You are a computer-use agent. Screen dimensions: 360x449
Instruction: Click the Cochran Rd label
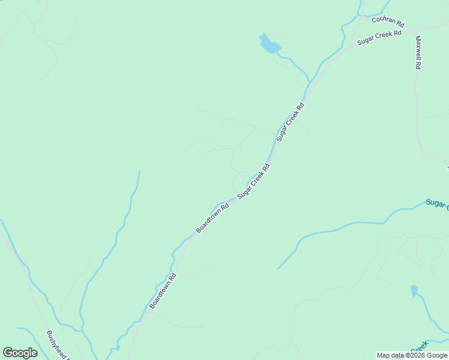tap(388, 22)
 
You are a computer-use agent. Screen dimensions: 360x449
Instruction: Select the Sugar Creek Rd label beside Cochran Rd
tap(379, 38)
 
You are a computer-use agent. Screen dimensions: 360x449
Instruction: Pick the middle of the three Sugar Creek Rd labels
tap(291, 122)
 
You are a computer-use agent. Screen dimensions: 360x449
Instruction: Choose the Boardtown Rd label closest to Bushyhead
tap(163, 292)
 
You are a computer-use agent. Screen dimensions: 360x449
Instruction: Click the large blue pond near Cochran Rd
tap(270, 44)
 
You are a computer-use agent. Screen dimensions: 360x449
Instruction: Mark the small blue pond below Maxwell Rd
tap(414, 291)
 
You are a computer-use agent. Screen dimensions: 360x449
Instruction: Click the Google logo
tap(20, 353)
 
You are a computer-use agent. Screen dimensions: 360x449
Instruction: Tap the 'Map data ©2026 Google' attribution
tap(412, 356)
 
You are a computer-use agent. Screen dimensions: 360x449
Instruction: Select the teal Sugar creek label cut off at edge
tap(436, 204)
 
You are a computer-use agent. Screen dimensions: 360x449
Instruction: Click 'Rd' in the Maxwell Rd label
tap(418, 65)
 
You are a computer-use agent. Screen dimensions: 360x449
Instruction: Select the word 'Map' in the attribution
tap(383, 356)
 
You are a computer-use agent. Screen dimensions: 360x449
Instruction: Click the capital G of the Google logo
tap(8, 353)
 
